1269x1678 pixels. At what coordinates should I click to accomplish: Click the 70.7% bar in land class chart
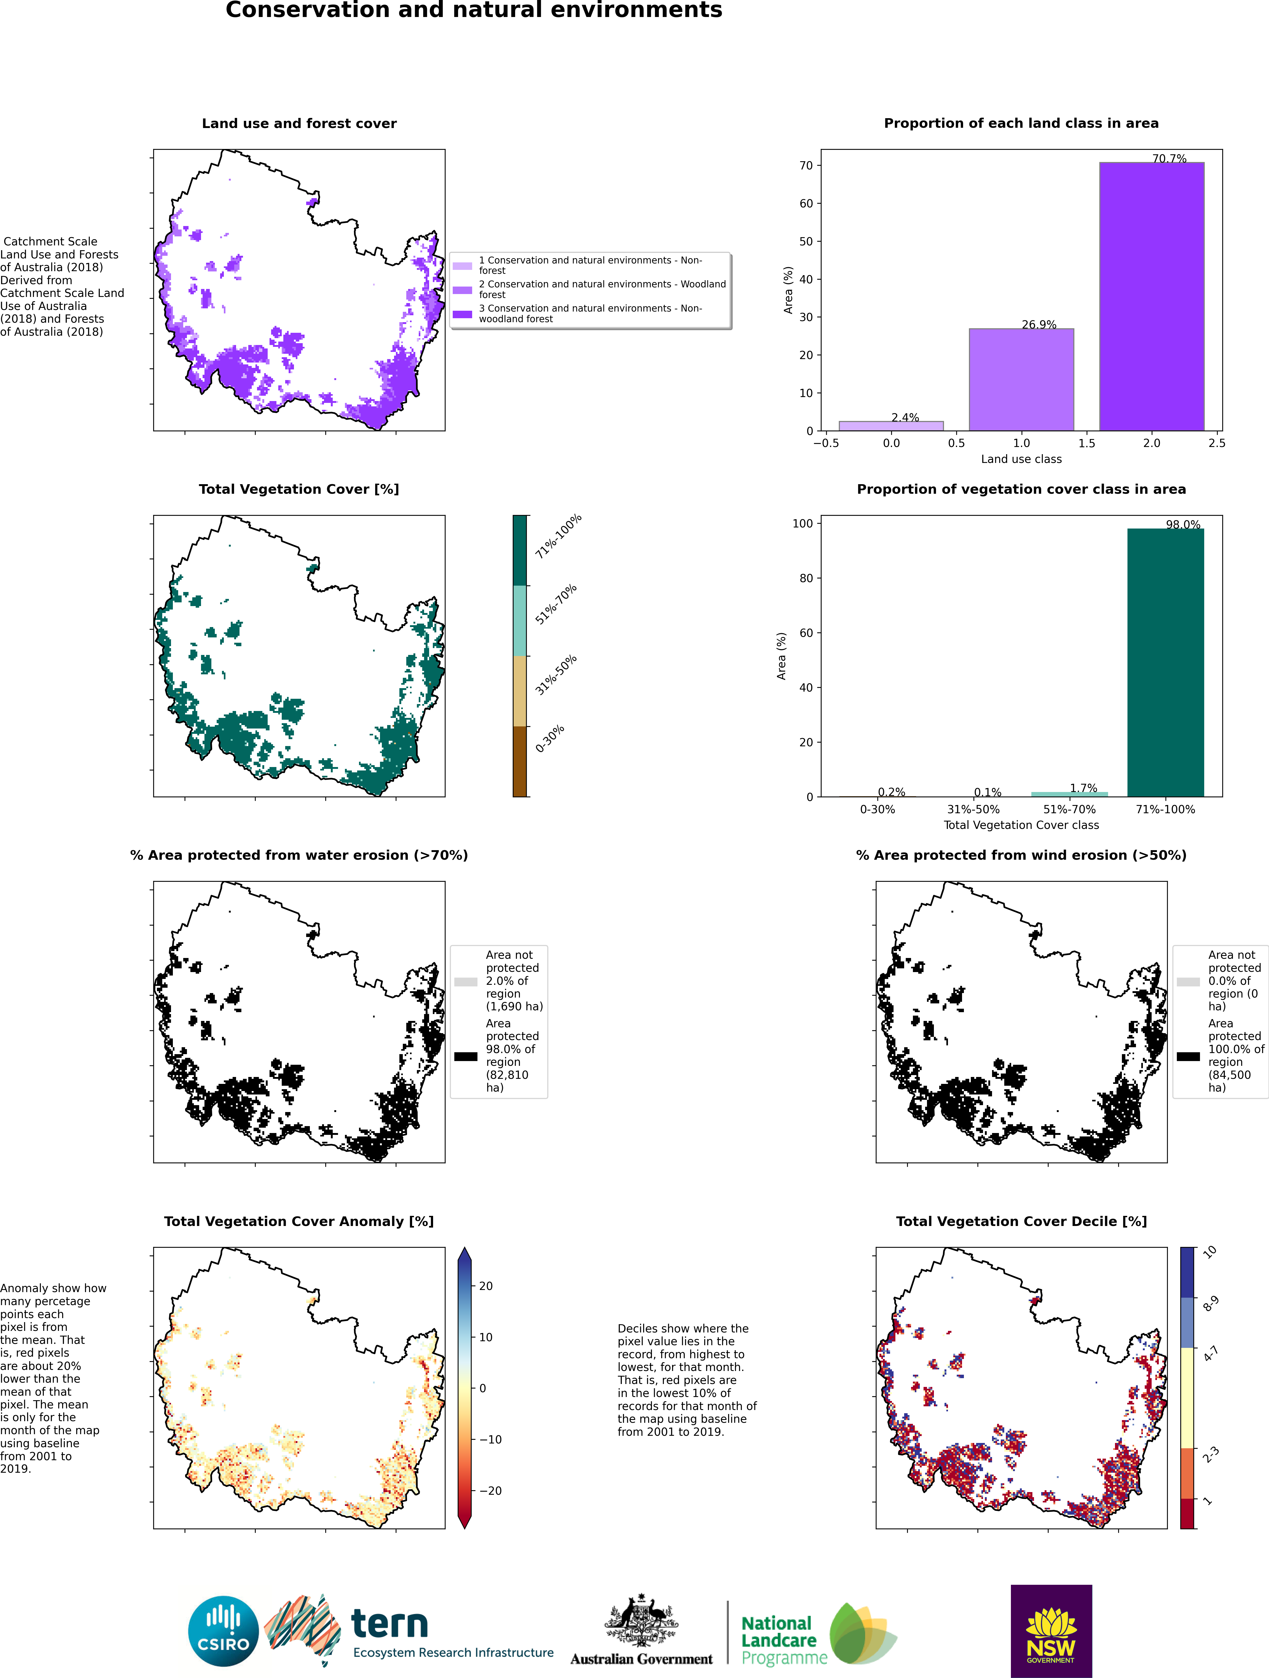[x=1151, y=297]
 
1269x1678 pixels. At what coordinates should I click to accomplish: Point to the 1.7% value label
[x=1083, y=788]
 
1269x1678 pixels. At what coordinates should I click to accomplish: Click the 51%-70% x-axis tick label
[x=1070, y=810]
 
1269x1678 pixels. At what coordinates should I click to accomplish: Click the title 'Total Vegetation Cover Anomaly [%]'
[x=299, y=1221]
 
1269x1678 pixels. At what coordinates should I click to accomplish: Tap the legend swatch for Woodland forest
[x=462, y=290]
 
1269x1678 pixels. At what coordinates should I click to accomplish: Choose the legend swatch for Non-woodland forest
[x=462, y=314]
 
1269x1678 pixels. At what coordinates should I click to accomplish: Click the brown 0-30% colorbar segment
[x=520, y=762]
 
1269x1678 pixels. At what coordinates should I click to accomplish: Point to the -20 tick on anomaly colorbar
[x=490, y=1491]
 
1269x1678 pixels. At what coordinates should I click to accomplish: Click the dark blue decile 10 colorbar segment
[x=1187, y=1272]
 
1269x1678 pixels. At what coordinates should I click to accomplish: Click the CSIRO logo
[x=224, y=1631]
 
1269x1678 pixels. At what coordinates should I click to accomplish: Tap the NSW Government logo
[x=1051, y=1631]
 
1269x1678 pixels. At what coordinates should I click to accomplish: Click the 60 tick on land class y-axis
[x=806, y=203]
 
